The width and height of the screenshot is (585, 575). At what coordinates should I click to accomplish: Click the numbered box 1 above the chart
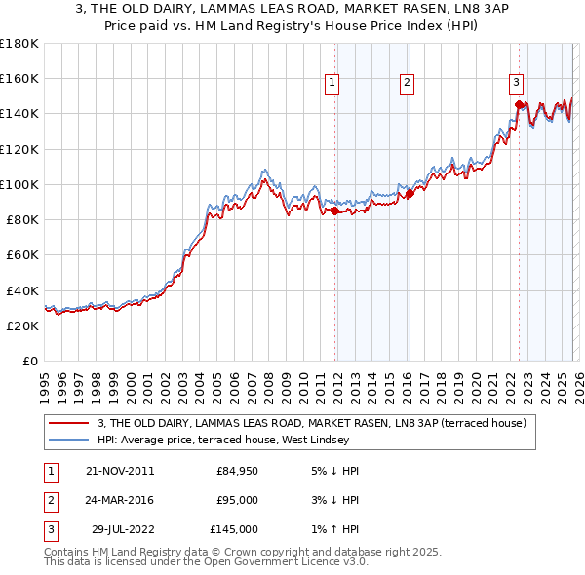(332, 84)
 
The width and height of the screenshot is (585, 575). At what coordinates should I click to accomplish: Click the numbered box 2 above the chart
(406, 84)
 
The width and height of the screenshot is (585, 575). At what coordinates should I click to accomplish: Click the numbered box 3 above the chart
(516, 84)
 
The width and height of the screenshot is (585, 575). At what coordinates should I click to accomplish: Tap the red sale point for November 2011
(334, 211)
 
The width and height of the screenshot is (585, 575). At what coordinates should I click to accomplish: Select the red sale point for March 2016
(409, 193)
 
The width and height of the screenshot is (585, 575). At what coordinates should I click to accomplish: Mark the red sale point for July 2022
(519, 103)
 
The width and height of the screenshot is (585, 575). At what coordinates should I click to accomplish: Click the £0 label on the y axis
(28, 361)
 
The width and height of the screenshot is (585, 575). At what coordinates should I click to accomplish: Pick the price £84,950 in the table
(237, 471)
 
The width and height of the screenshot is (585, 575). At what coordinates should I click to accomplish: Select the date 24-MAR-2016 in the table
(119, 500)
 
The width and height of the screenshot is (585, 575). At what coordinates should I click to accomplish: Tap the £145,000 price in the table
(234, 529)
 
